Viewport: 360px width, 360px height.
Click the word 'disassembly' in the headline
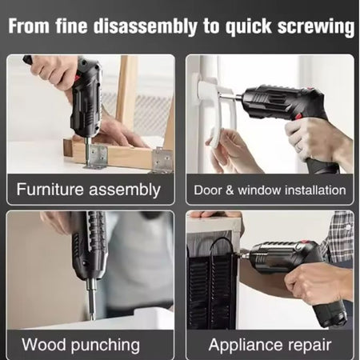click(145, 26)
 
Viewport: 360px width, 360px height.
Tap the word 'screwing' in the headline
click(316, 27)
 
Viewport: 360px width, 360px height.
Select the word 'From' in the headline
click(29, 26)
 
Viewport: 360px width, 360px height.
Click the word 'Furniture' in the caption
click(50, 190)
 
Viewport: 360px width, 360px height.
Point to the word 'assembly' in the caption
click(125, 190)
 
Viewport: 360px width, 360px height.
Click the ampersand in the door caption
click(230, 190)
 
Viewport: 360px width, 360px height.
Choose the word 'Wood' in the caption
click(44, 345)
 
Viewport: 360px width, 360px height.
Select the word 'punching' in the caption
click(106, 346)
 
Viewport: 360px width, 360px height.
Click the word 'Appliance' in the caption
click(246, 346)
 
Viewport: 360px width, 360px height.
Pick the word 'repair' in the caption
click(310, 346)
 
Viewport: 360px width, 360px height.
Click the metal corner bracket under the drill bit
click(95, 157)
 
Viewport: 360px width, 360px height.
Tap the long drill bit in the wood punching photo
click(91, 299)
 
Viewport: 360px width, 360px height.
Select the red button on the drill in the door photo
click(298, 116)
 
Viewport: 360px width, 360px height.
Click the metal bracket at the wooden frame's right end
click(162, 160)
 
